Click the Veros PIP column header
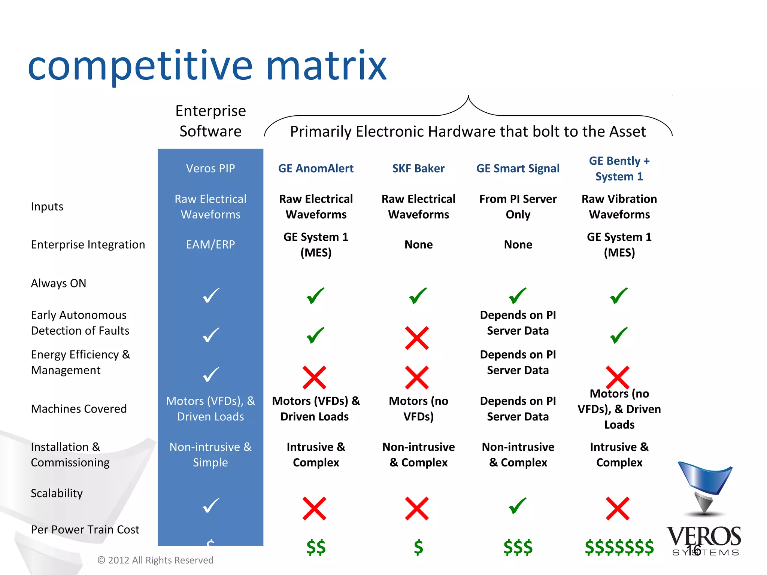[x=210, y=168]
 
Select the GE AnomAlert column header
[x=316, y=168]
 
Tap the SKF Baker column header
[x=418, y=168]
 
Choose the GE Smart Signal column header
[x=518, y=168]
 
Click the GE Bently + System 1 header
[x=619, y=168]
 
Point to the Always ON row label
[x=58, y=283]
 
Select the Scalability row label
[x=57, y=493]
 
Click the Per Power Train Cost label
[x=85, y=530]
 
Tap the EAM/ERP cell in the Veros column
[x=210, y=244]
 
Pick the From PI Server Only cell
[x=518, y=207]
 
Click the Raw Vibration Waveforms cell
[x=619, y=207]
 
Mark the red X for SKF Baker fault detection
[x=417, y=338]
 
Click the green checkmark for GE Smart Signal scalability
[x=518, y=506]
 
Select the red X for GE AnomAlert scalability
[x=314, y=508]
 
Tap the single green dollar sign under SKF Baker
[x=418, y=547]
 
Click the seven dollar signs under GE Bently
[x=619, y=547]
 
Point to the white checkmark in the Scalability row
[x=211, y=505]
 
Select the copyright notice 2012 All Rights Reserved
[x=155, y=560]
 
